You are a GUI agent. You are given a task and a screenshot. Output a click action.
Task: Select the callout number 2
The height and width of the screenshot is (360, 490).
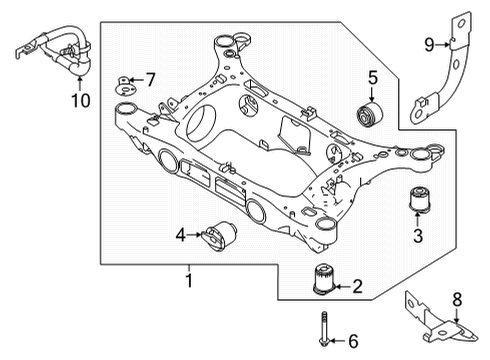(x=356, y=288)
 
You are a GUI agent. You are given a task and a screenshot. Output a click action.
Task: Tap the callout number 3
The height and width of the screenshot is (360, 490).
(x=418, y=236)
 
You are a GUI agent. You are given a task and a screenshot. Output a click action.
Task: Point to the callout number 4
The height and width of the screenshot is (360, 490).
(x=180, y=236)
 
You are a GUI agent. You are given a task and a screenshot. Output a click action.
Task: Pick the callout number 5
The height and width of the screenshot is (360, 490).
(x=372, y=77)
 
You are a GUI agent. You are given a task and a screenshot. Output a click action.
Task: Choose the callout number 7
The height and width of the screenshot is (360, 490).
(x=151, y=79)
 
